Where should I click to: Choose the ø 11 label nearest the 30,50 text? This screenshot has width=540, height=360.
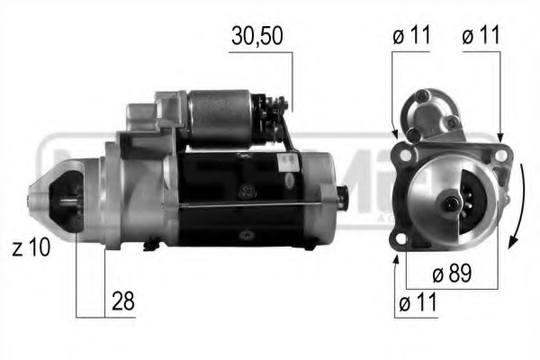[412, 37]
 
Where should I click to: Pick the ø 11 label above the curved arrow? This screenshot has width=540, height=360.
[480, 37]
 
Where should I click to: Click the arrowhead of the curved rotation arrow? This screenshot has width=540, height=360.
[511, 240]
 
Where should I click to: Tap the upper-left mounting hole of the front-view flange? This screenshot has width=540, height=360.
[406, 155]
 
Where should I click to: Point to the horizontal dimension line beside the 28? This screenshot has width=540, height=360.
[91, 316]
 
